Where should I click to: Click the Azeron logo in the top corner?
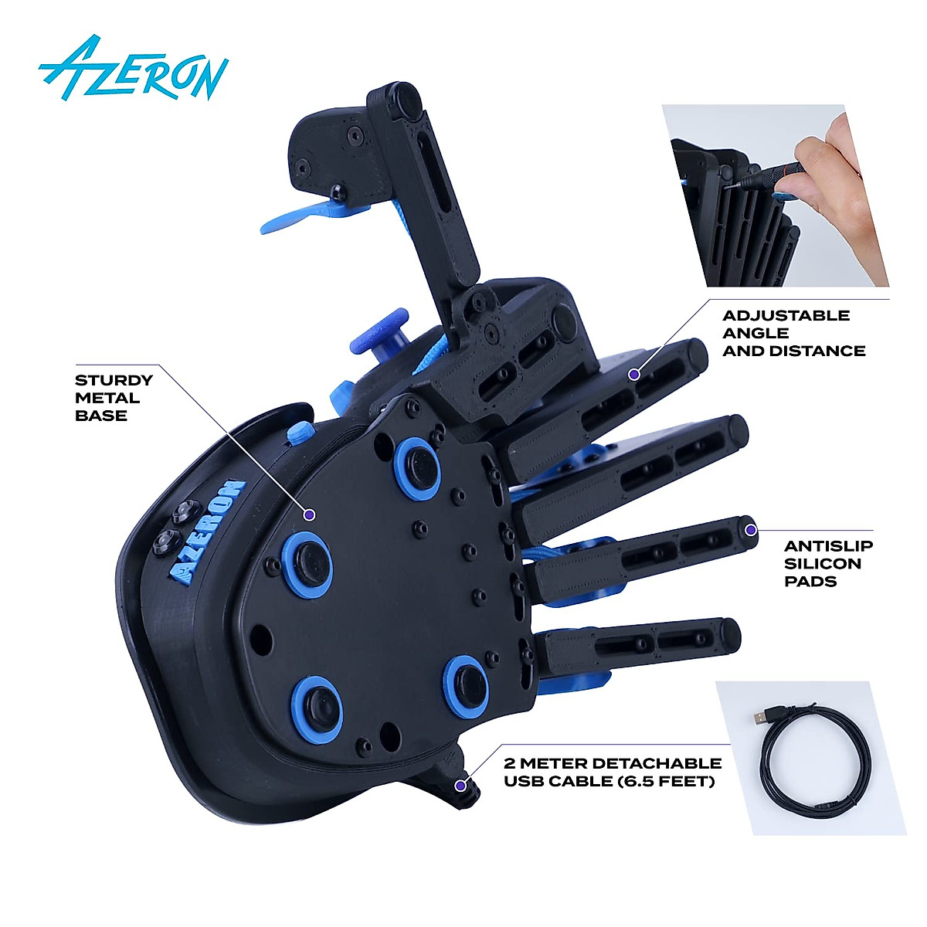[133, 69]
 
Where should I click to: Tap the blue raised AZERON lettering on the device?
[207, 532]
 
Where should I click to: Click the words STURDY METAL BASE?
[114, 398]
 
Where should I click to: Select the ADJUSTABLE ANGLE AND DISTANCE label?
[793, 333]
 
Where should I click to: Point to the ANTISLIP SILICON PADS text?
[828, 563]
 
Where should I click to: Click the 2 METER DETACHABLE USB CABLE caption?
[612, 772]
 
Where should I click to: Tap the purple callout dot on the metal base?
[310, 514]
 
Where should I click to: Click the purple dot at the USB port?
[460, 786]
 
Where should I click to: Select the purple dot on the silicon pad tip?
[750, 530]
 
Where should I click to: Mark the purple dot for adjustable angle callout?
[633, 375]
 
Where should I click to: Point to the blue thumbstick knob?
[380, 332]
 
